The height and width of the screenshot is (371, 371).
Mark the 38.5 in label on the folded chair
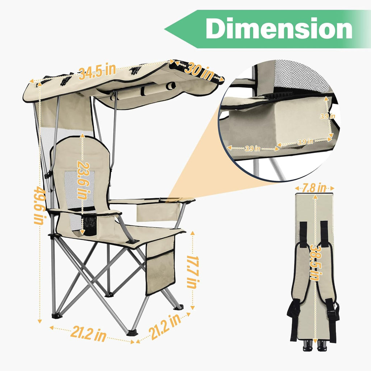314,262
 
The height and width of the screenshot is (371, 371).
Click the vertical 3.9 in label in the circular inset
327,117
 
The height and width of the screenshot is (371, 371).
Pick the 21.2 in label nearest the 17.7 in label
166,327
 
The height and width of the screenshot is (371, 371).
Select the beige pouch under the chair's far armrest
157,212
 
